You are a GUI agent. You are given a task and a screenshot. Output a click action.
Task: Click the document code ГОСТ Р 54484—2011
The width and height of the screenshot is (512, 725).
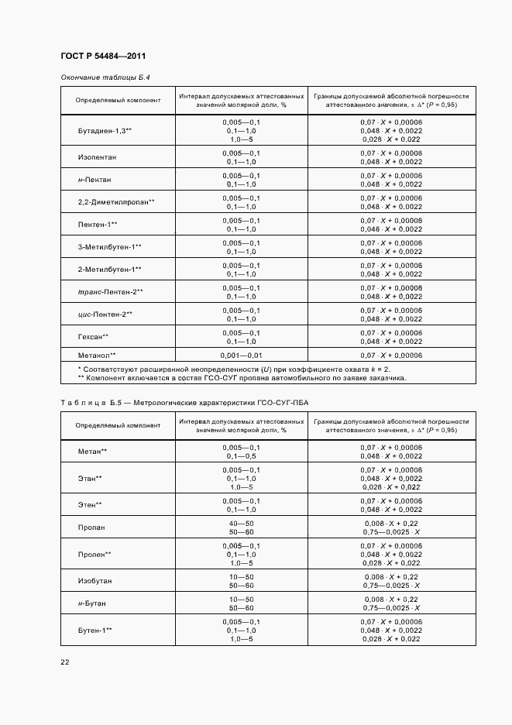point(102,57)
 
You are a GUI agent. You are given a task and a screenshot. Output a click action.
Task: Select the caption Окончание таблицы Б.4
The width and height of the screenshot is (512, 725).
point(105,78)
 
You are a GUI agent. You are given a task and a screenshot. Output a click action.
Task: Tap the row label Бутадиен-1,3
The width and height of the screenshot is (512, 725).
point(105,132)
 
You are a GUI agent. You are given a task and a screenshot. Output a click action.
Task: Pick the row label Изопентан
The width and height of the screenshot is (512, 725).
point(97,157)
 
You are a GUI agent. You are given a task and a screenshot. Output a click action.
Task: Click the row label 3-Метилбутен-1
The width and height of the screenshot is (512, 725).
point(109,247)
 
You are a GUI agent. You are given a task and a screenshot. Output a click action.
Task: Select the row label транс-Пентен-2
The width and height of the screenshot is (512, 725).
point(111,292)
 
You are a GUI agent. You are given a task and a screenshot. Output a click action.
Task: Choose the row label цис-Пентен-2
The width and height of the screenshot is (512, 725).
point(105,314)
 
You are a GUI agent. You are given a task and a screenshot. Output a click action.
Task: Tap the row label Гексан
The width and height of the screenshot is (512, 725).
point(93,336)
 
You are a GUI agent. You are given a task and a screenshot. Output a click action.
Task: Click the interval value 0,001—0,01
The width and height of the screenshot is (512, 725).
point(241,354)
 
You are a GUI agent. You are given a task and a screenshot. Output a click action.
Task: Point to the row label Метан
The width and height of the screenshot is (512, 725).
point(92,452)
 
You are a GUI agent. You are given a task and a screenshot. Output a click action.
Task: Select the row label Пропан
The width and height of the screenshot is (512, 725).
point(91,527)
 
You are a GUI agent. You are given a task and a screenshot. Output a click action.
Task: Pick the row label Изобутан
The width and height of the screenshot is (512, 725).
point(94,580)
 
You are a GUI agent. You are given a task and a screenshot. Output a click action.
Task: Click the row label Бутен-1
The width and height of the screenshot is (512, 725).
point(95,630)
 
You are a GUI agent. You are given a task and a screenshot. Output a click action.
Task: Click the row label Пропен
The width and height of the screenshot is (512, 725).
point(94,554)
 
